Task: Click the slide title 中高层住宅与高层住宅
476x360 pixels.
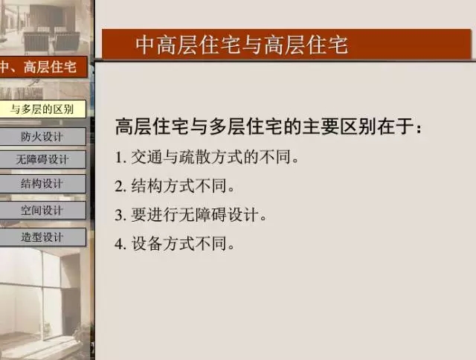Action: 242,45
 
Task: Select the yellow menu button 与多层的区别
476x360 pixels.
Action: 43,109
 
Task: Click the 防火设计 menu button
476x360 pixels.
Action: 43,137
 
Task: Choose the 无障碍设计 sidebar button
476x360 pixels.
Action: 43,159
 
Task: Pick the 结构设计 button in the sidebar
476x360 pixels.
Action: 43,184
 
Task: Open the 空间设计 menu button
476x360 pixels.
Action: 43,210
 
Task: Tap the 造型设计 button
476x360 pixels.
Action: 43,237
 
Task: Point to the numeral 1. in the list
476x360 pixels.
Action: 120,158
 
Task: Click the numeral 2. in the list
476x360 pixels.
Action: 120,186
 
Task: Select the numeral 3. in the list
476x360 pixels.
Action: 120,215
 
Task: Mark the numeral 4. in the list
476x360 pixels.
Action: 120,244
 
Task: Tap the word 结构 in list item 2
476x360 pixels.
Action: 147,186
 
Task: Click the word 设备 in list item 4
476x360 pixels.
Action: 147,243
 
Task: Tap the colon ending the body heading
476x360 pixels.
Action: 419,129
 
